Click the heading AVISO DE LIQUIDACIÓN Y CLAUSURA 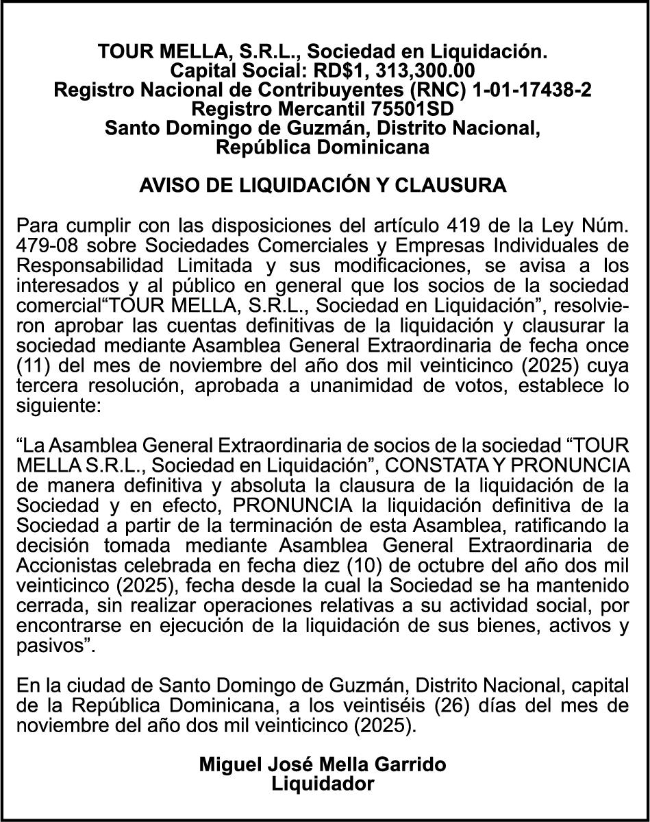coord(323,186)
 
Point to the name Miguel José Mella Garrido coord(323,764)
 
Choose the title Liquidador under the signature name coord(323,784)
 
